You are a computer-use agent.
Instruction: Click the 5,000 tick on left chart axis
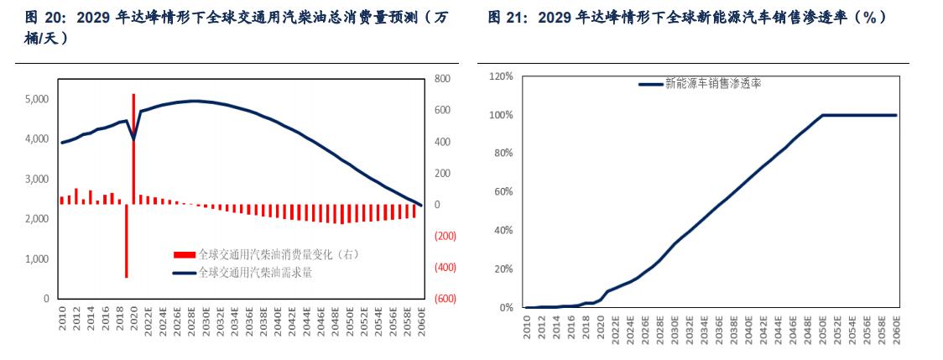click(x=34, y=99)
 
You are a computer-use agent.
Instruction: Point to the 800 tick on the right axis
click(x=443, y=79)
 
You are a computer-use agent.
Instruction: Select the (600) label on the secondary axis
click(x=445, y=299)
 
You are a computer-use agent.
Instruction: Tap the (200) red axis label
click(x=445, y=236)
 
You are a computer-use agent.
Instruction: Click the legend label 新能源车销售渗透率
click(x=712, y=83)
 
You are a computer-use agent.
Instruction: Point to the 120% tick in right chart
click(x=500, y=76)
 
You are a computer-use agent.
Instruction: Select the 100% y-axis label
click(x=500, y=115)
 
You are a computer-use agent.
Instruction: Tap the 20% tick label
click(x=503, y=269)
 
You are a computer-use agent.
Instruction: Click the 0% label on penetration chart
click(x=505, y=308)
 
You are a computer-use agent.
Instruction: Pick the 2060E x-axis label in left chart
click(x=422, y=319)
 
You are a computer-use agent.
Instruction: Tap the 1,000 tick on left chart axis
click(x=34, y=259)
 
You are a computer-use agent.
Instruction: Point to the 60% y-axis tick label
click(x=503, y=192)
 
